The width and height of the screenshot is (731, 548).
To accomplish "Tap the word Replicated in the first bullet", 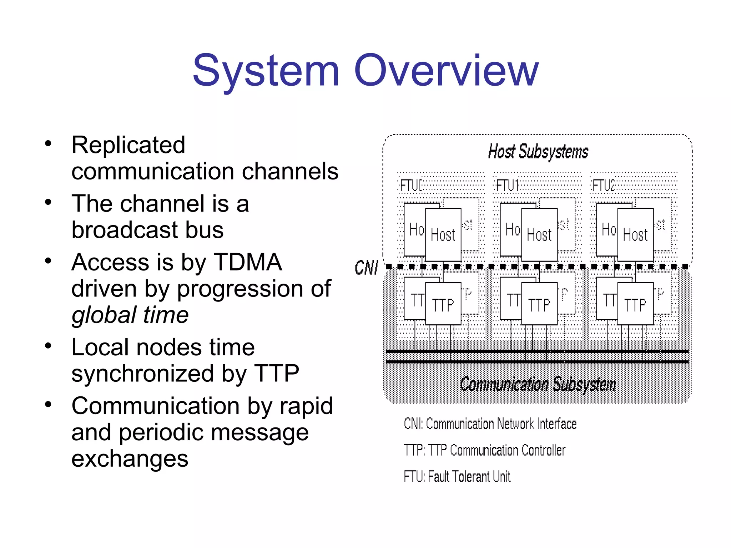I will point(128,145).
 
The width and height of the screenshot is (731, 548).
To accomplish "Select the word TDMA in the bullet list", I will point(248,262).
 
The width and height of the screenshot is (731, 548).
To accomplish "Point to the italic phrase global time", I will point(130,315).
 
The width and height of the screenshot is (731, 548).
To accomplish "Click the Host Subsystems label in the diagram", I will point(538,152).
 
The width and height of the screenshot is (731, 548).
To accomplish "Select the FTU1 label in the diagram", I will point(507,186).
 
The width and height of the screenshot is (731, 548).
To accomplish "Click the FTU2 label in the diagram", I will point(603,186).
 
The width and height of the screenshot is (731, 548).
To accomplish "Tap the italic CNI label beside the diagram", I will point(366,267).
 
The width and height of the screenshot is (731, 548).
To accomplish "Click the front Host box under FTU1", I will point(539,235).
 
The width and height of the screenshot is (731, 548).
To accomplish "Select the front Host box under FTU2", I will point(635,235).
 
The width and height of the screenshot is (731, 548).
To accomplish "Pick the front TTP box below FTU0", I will point(443,304).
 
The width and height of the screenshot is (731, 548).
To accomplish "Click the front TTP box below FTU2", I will point(635,304).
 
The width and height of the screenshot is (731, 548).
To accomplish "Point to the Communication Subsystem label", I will point(538,385).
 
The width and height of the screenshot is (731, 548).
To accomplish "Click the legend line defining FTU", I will point(457,477).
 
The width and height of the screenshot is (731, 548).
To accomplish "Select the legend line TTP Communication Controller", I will point(484,450).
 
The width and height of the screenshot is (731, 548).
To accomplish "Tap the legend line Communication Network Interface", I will point(490,424).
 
